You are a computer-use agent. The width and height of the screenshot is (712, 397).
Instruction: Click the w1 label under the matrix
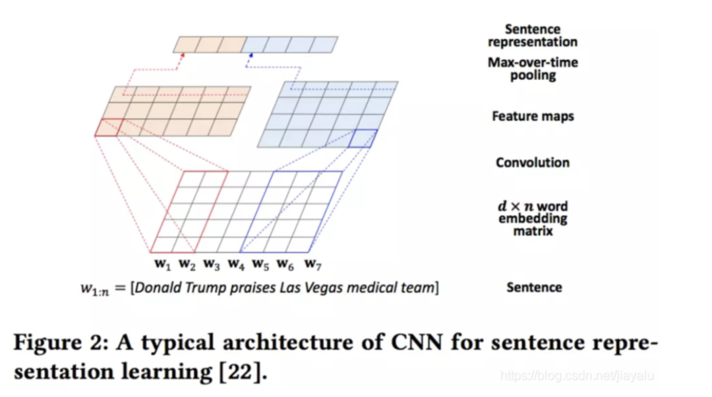tap(163, 264)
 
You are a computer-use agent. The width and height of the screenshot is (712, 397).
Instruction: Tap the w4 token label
tap(236, 264)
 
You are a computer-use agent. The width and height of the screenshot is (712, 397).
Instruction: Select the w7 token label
tap(313, 264)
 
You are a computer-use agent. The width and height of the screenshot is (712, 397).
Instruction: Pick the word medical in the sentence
tap(367, 288)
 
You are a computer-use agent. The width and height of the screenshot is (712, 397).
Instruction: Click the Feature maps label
tap(533, 116)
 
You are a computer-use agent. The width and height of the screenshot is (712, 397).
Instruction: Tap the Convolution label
tap(532, 163)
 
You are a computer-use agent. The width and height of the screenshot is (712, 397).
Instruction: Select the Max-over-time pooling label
tap(533, 69)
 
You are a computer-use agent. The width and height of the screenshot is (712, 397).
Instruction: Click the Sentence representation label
tap(533, 36)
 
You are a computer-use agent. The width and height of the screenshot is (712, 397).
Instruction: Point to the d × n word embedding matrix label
tap(533, 218)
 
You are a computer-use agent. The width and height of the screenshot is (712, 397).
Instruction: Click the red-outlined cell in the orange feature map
tap(109, 127)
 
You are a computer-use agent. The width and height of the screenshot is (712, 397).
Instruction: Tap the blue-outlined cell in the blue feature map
tap(363, 138)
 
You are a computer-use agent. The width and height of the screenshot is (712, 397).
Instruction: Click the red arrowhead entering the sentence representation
tap(183, 55)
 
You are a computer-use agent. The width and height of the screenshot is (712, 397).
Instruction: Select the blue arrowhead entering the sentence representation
tap(251, 56)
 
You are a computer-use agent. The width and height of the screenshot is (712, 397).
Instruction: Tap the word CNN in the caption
tap(417, 342)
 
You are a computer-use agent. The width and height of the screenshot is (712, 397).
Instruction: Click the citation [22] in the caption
tap(240, 372)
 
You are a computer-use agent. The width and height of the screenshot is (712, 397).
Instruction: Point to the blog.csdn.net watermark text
tap(577, 376)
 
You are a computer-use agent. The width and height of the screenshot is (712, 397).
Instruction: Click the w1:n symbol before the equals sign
tap(95, 289)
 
